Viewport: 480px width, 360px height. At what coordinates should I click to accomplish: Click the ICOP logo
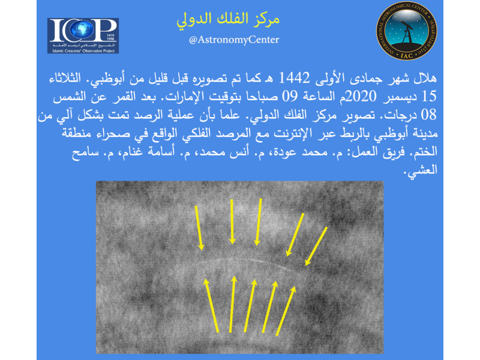pos(83,36)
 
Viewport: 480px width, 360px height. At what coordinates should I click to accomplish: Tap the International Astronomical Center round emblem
pos(407,31)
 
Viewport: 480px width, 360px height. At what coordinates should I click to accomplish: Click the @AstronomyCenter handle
pos(234,40)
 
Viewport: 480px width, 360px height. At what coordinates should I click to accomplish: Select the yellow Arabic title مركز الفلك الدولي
pos(228,19)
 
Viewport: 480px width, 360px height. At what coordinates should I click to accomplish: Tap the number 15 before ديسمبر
pos(429,97)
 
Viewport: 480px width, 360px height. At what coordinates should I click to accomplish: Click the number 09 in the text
pos(289,97)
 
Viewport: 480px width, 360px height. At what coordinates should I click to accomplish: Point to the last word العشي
pos(421,170)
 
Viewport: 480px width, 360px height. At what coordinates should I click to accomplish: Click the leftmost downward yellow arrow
pos(199,228)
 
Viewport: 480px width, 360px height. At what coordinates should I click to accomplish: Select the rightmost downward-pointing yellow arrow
pos(316,246)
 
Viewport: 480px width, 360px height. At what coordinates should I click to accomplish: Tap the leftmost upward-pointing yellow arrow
pos(211,305)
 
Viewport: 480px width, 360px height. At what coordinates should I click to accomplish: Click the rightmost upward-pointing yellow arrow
pos(286,311)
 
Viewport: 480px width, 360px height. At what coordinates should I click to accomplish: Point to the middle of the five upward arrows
pos(250,305)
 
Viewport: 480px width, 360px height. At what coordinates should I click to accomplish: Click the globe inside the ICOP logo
pos(82,29)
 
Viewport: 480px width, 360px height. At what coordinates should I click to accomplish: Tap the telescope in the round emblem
pos(407,31)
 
